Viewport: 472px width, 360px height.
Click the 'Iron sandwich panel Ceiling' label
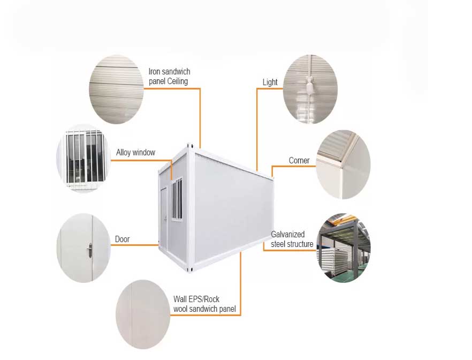pyautogui.click(x=169, y=76)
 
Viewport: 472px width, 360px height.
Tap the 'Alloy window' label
pyautogui.click(x=135, y=153)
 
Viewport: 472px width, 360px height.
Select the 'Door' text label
pyautogui.click(x=122, y=239)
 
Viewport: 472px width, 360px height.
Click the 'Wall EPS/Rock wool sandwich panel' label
pyautogui.click(x=204, y=304)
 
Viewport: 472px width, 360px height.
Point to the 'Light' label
pyautogui.click(x=270, y=82)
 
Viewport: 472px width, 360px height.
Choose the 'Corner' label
pyautogui.click(x=299, y=160)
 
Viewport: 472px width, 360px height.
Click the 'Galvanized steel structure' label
pyautogui.click(x=292, y=239)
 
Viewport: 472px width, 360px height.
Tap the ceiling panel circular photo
pyautogui.click(x=116, y=89)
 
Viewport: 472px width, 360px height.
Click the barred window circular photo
pyautogui.click(x=83, y=159)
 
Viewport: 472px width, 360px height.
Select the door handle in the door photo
pyautogui.click(x=90, y=250)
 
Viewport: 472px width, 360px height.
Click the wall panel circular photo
pyautogui.click(x=143, y=314)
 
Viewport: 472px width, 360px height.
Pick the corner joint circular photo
pyautogui.click(x=344, y=164)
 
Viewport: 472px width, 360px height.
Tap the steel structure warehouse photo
pyautogui.click(x=344, y=248)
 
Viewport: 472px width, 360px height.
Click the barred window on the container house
pyautogui.click(x=177, y=199)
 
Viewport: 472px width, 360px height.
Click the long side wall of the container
pyautogui.click(x=233, y=209)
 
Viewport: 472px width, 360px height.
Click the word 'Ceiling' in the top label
pyautogui.click(x=178, y=81)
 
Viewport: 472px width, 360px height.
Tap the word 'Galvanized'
pyautogui.click(x=288, y=235)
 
